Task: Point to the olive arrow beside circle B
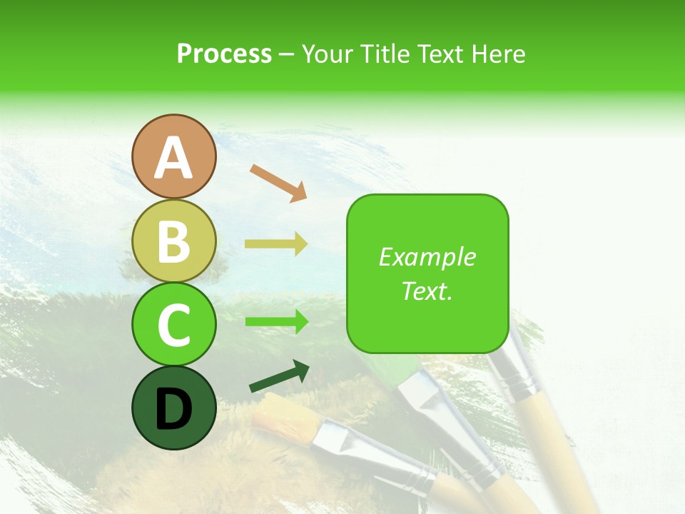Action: point(276,244)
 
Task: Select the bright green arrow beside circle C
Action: point(276,322)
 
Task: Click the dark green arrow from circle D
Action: point(279,377)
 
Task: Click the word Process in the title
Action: point(224,54)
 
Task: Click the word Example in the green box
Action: point(427,257)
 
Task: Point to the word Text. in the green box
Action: point(427,291)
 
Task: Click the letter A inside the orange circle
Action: point(173,158)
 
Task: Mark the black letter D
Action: point(173,410)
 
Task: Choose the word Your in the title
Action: point(328,54)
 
